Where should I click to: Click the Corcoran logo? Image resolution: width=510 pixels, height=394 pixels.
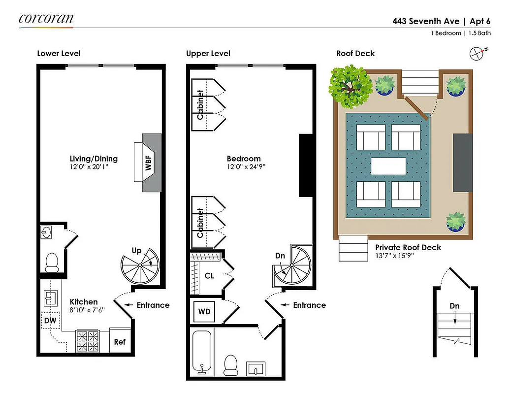46,19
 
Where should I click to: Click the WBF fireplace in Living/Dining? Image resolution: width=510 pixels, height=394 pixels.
149,163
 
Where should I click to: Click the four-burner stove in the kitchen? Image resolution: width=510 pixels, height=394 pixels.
88,341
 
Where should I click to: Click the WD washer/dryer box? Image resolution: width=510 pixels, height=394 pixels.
204,311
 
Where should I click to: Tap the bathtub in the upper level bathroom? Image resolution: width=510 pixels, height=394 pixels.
200,352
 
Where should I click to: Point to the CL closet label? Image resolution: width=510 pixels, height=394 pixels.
209,276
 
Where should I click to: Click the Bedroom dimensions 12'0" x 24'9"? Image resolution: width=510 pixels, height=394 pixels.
246,166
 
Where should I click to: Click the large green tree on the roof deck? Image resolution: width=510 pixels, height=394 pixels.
350,87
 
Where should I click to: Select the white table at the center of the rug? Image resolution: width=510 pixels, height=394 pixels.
388,165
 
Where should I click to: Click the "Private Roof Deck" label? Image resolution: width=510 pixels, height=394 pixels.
408,247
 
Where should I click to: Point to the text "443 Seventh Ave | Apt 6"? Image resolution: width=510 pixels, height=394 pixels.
441,21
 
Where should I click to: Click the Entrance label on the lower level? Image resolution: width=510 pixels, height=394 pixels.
153,305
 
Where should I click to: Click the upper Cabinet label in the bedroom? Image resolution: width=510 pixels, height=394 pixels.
200,104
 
